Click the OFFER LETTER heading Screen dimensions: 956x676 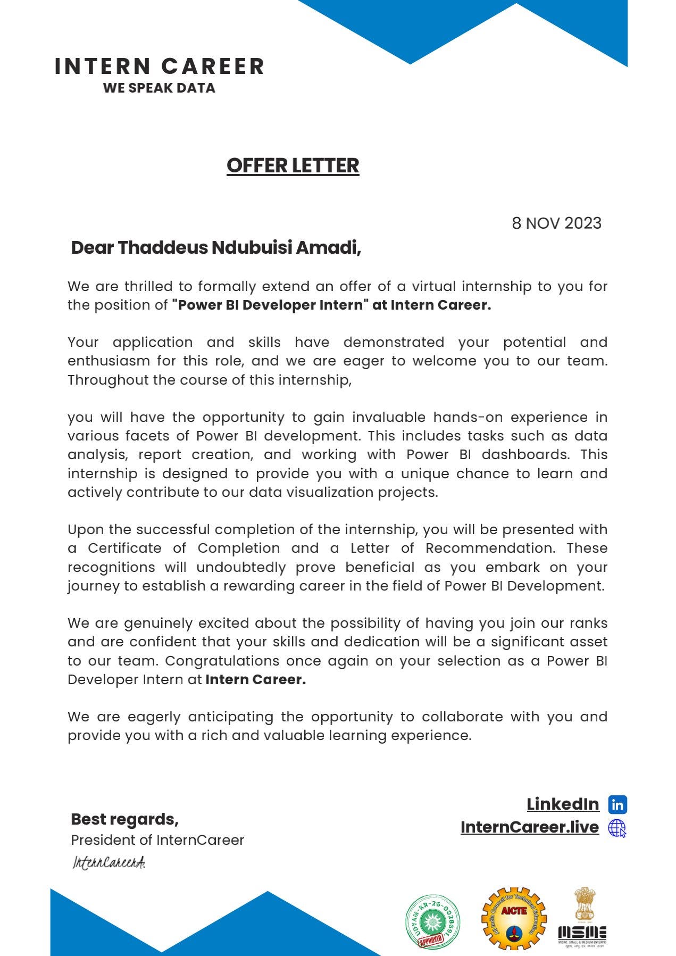tap(293, 165)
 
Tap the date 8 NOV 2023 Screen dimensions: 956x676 tap(556, 223)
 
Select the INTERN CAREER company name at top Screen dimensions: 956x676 tap(159, 66)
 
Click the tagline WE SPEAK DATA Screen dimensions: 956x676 tap(159, 88)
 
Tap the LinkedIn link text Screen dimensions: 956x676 tap(563, 804)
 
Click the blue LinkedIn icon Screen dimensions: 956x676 tap(617, 804)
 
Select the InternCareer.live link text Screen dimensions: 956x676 tap(529, 827)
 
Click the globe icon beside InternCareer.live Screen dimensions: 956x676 tap(617, 828)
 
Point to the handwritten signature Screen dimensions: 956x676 tap(109, 862)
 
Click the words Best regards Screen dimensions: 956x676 tap(124, 819)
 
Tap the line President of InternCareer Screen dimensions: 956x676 tap(157, 840)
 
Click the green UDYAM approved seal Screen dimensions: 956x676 tap(432, 922)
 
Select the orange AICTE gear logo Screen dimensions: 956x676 tap(513, 919)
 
